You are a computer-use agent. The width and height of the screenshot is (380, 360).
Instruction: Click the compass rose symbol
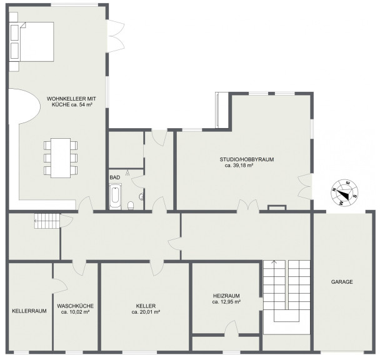point(344,193)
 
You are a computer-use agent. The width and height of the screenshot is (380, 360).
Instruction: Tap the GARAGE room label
point(342,282)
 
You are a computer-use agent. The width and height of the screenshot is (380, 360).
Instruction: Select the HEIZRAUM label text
point(226,296)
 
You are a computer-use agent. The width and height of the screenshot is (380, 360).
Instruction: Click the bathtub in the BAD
point(115,197)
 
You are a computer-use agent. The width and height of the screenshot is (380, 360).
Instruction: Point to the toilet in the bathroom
point(131,206)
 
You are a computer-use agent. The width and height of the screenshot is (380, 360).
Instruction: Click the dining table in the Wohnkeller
point(61,158)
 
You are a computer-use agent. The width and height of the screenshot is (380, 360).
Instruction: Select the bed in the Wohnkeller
point(31,42)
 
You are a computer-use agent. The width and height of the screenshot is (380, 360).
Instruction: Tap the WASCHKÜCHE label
point(76,306)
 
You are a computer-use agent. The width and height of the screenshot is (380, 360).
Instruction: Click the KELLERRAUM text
point(29,311)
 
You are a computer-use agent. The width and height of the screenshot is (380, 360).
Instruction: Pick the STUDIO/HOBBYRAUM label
point(247,159)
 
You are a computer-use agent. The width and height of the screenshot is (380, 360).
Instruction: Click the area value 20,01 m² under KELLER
point(146,312)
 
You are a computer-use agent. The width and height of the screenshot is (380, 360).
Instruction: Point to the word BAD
point(115,177)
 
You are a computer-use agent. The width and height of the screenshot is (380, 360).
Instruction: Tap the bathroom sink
point(141,197)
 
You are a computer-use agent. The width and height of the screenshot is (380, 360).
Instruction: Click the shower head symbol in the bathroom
point(127,173)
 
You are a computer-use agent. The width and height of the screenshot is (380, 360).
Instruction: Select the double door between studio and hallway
point(248,206)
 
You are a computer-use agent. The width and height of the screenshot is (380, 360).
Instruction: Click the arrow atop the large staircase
point(274,262)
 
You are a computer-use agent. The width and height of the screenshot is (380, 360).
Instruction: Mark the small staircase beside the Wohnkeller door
point(46,221)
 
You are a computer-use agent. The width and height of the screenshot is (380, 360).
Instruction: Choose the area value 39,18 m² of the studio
point(239,166)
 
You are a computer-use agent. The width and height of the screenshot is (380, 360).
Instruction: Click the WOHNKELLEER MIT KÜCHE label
point(71,102)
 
